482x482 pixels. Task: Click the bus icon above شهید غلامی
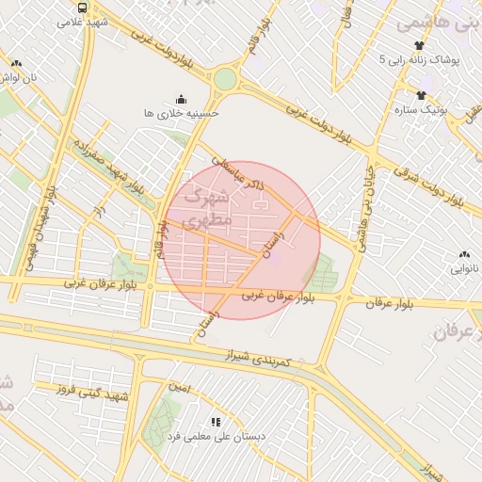point(83,7)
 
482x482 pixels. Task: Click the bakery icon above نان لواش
point(16,63)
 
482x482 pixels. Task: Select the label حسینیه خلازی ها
point(181,112)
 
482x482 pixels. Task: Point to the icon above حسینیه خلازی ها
point(181,98)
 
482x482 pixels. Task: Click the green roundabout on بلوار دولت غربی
point(224,79)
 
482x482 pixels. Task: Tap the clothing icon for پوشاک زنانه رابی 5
point(420,44)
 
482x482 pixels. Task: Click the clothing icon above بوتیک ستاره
point(421,94)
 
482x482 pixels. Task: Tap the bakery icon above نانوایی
point(464,253)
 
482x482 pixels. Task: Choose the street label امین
point(178,387)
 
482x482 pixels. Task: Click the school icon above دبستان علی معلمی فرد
point(215,422)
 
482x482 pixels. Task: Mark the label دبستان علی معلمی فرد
point(217,437)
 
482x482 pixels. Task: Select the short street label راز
point(96,214)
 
